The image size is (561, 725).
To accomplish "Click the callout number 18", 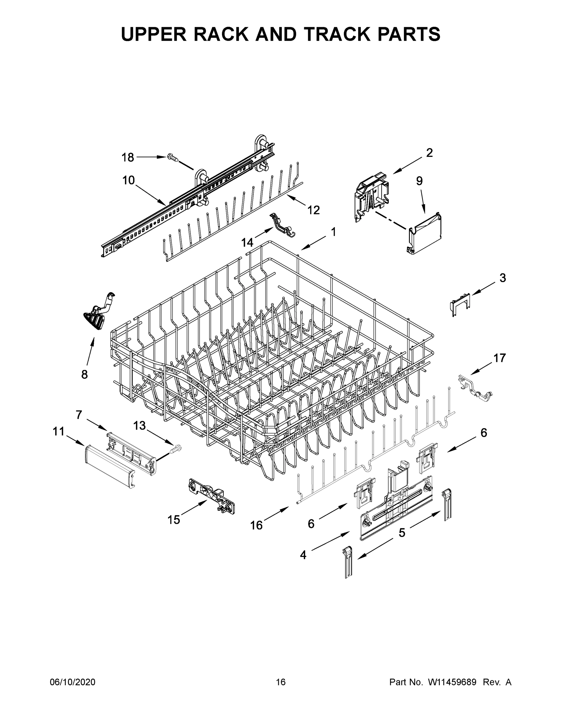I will (128, 157).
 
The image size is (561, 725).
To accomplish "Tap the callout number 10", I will (129, 181).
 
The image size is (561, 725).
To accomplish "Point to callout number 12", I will (313, 210).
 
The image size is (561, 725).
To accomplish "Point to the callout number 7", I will (79, 415).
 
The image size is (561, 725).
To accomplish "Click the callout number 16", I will (256, 525).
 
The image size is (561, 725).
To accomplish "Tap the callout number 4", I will (303, 554).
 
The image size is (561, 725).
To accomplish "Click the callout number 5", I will (402, 533).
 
